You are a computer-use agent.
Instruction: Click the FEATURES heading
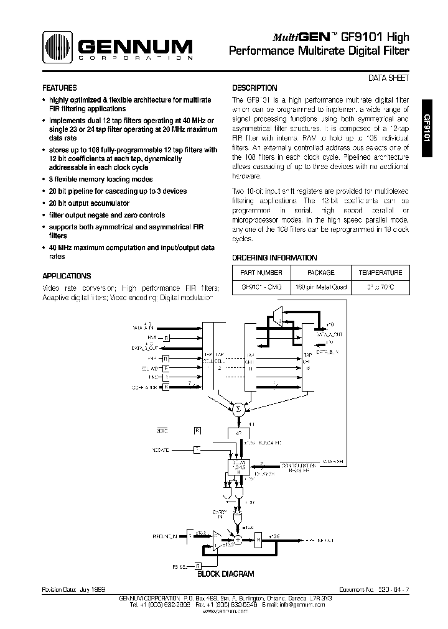tap(60, 88)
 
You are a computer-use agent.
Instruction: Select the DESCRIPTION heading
tap(254, 88)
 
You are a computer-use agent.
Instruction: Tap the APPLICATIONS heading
tap(67, 276)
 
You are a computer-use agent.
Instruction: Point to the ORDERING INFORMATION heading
tap(274, 258)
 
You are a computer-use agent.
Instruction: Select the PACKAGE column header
tap(321, 273)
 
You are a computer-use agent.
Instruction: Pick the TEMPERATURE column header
tap(380, 273)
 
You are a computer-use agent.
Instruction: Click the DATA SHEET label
tap(390, 78)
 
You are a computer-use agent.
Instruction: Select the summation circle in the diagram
tap(237, 408)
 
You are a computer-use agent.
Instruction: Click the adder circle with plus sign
tap(236, 539)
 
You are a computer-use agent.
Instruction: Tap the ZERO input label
tap(162, 429)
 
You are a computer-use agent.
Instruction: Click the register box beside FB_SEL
tap(198, 566)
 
